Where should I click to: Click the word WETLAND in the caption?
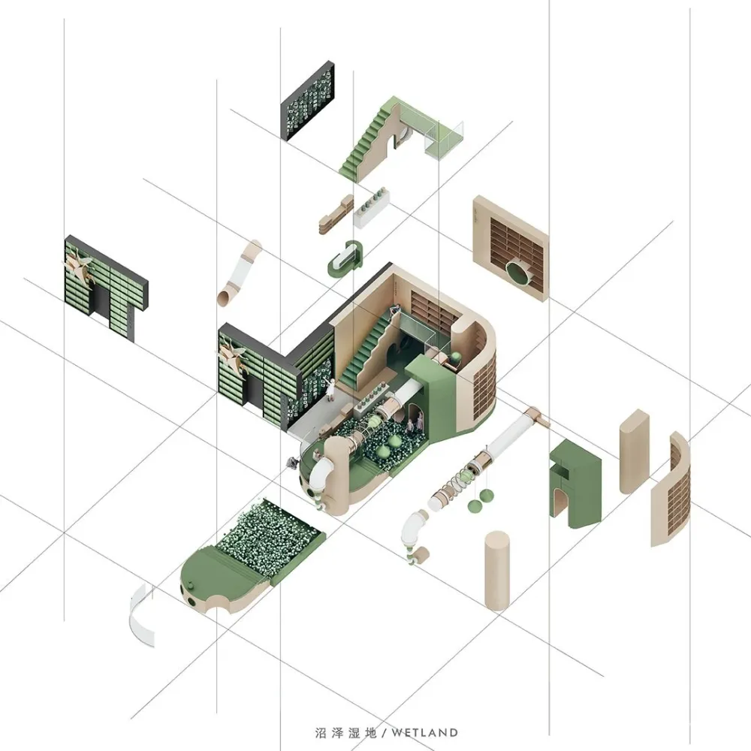[424, 732]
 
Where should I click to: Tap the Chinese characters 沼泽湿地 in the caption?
[345, 732]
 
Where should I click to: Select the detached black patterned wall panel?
[307, 101]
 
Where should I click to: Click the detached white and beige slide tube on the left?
[240, 272]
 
